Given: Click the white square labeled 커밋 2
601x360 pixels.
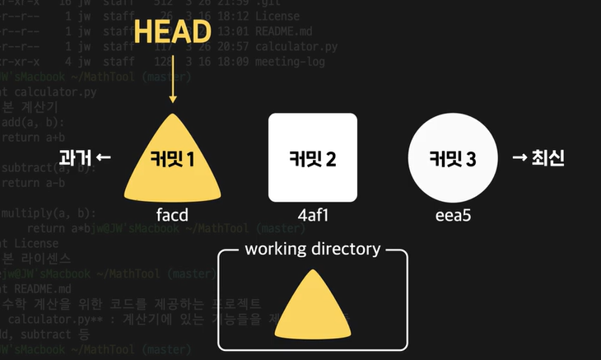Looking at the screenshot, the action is pos(313,157).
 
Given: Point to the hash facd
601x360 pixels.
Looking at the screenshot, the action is pos(173,216).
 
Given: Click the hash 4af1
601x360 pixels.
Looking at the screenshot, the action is pos(313,216).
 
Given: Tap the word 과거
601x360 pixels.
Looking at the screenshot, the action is pos(73,158).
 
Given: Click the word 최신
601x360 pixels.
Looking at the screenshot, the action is pos(548,158).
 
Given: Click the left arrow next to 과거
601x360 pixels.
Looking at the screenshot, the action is pos(103,158).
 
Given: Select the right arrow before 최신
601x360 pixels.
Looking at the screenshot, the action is pos(519,158).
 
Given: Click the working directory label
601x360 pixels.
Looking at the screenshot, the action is pos(313,249).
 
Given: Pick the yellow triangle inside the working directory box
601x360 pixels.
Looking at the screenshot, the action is pos(312,306).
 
